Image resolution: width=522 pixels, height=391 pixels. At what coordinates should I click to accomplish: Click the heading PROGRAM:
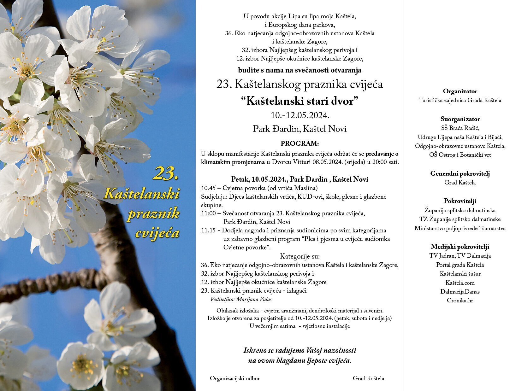tap(300, 143)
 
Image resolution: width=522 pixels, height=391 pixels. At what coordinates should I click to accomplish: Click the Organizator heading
tap(460, 91)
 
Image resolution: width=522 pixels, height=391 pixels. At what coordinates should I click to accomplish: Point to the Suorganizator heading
tap(460, 119)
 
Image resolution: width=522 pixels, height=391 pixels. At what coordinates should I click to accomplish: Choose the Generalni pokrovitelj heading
tap(460, 173)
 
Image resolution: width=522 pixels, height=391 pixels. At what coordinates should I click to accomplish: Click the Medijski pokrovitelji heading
tap(460, 247)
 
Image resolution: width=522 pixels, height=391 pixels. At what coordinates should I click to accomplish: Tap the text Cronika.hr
tap(460, 301)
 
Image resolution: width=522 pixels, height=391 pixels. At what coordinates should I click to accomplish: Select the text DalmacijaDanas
tap(460, 292)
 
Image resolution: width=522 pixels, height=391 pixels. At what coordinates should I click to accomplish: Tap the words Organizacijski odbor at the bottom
tap(235, 378)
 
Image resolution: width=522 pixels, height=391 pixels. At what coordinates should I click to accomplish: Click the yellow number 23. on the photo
tap(167, 173)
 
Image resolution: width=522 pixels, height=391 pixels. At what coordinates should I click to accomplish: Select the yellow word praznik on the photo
tap(153, 214)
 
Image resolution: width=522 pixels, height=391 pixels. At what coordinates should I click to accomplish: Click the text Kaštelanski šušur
tap(460, 274)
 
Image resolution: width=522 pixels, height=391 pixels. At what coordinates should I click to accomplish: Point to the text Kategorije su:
tap(300, 256)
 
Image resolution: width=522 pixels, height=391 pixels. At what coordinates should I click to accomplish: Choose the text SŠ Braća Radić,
tap(460, 128)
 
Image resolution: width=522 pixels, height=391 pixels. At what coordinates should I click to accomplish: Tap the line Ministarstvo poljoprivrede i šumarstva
tap(460, 228)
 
